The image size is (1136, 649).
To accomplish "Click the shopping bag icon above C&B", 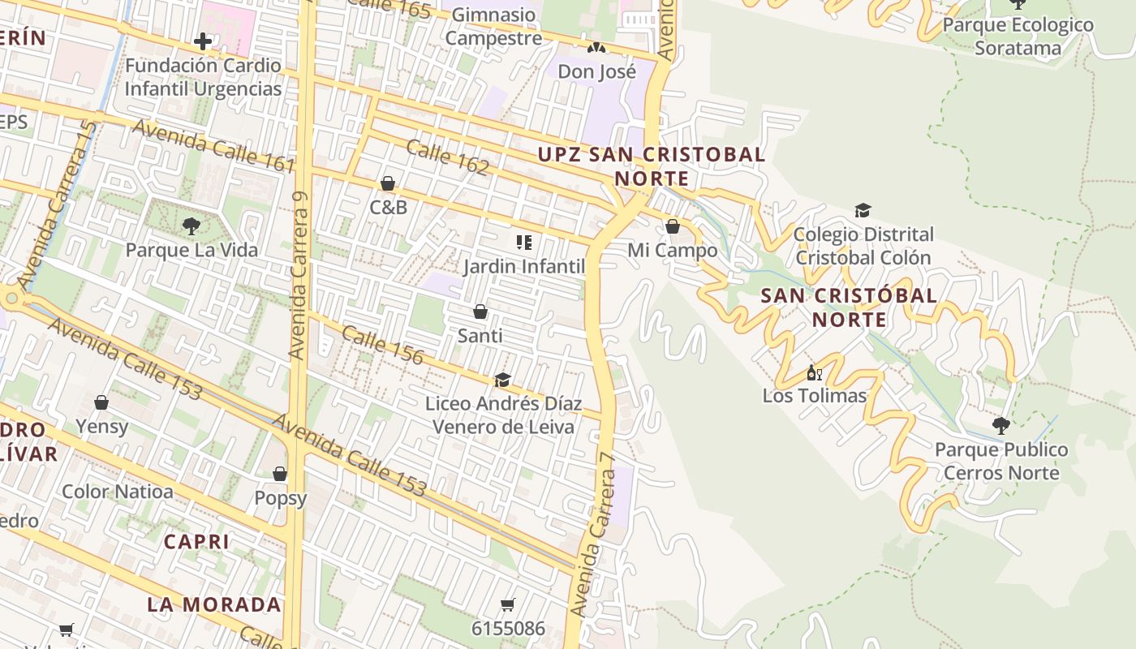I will click(388, 184).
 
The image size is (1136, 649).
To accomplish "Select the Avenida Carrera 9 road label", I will click(299, 276).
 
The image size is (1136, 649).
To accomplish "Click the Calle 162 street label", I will click(447, 157).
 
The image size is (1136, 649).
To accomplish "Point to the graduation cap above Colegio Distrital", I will click(863, 211).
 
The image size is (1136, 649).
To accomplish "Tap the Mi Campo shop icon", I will click(672, 226).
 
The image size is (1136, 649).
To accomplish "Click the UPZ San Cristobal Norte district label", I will click(652, 166).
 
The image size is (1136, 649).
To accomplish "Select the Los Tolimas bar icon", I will click(814, 373).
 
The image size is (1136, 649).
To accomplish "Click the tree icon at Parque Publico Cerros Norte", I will click(1001, 425).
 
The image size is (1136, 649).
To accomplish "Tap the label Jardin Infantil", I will click(524, 266).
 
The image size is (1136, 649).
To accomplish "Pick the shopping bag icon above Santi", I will click(480, 312).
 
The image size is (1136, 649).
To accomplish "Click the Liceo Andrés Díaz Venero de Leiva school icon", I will click(502, 380).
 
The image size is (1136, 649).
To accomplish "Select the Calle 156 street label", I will click(382, 345).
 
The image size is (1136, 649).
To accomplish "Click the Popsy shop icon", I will click(280, 474).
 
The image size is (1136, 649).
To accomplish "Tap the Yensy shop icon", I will click(101, 402).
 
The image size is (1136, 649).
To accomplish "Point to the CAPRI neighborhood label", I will click(196, 541).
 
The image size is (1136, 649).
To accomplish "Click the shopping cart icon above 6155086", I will click(508, 604).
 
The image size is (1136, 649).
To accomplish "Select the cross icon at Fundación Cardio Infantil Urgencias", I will click(203, 41).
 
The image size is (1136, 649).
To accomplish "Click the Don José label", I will click(596, 71).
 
